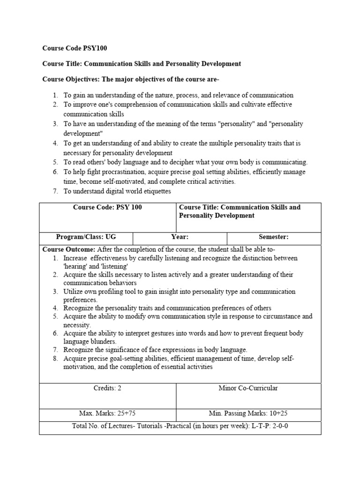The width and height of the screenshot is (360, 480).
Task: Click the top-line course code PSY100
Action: coord(98,48)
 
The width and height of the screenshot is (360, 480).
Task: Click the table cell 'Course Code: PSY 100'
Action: coord(108,207)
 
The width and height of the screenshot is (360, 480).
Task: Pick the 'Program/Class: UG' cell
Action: coord(86,238)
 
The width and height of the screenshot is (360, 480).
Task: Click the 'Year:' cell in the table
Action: coord(180,238)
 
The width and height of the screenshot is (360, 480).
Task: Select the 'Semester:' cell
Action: coord(274,238)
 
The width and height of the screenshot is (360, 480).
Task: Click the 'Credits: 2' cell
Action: coord(108,388)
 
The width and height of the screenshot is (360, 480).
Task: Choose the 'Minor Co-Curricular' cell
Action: coord(248,388)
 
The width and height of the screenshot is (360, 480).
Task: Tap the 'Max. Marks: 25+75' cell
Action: coord(108,414)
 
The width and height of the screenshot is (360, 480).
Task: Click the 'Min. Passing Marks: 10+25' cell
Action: coord(248,414)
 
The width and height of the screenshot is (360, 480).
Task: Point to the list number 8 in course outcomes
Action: coord(55,359)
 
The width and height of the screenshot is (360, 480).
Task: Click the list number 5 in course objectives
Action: coord(55,162)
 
